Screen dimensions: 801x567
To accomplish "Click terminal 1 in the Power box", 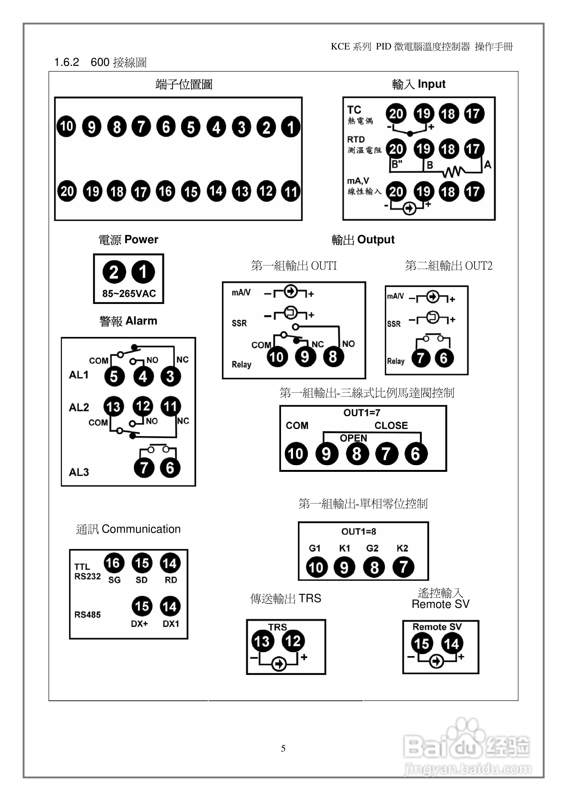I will (143, 272).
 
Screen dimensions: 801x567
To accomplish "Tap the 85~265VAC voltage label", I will (129, 294).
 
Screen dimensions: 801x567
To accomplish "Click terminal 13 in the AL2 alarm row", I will (114, 406).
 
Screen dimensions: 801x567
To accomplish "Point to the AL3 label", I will (79, 472).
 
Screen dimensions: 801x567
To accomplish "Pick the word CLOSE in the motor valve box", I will (391, 426).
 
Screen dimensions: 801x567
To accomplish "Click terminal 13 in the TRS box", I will (262, 641).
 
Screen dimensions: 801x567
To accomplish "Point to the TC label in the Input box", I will (354, 110).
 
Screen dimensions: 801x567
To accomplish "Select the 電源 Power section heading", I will (128, 240).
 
